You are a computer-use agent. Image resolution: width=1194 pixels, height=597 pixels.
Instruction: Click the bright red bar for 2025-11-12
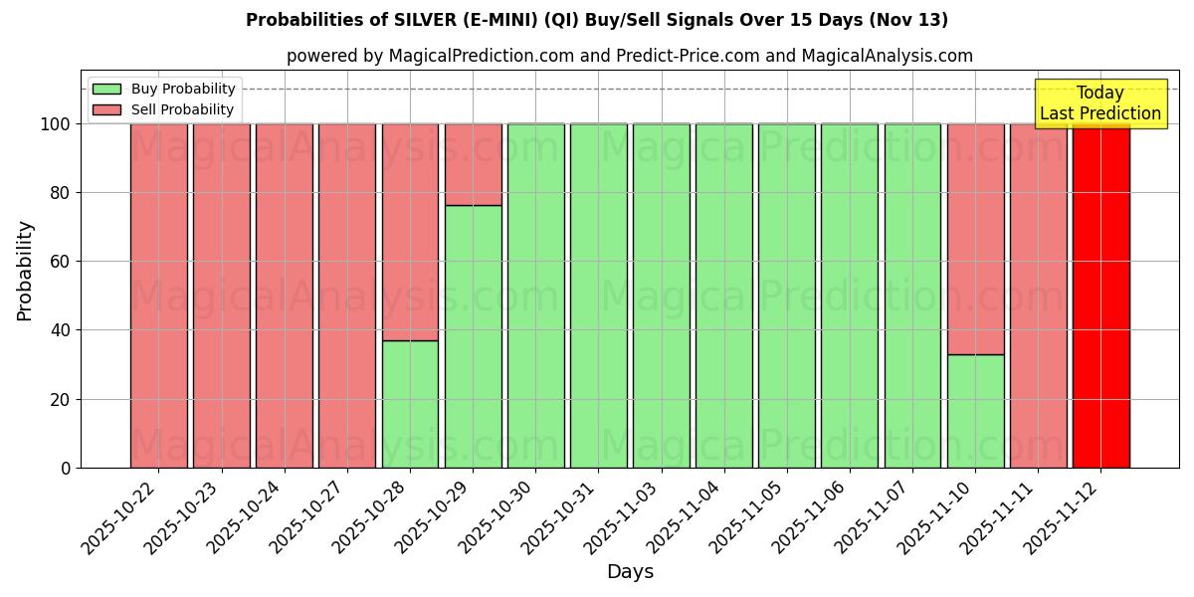(x=1100, y=296)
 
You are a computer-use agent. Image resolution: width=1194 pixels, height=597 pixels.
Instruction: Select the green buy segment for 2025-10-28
(x=410, y=404)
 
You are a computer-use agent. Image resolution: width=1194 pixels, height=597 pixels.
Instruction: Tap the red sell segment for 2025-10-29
(x=473, y=164)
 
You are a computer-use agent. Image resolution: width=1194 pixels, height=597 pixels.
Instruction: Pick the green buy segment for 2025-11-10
(x=975, y=411)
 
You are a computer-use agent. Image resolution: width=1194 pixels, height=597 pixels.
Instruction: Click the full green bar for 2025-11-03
(x=661, y=296)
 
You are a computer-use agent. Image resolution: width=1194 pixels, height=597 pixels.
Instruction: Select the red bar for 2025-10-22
(x=158, y=296)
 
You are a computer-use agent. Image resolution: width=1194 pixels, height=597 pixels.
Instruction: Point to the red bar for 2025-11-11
(x=1038, y=296)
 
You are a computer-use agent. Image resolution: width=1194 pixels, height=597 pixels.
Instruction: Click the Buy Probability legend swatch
(x=106, y=90)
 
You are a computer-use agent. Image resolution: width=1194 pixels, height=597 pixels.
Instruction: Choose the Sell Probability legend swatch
(x=106, y=110)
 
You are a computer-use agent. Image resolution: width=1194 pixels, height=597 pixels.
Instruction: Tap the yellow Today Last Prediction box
(x=1099, y=103)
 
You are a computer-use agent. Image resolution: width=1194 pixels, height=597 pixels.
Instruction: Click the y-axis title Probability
(x=25, y=271)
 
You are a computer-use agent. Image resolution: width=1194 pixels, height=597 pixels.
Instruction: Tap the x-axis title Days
(x=630, y=572)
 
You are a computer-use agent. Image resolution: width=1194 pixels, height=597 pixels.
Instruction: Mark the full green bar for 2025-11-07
(x=912, y=296)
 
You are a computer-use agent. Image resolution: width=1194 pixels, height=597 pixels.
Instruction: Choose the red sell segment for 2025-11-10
(x=975, y=239)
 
